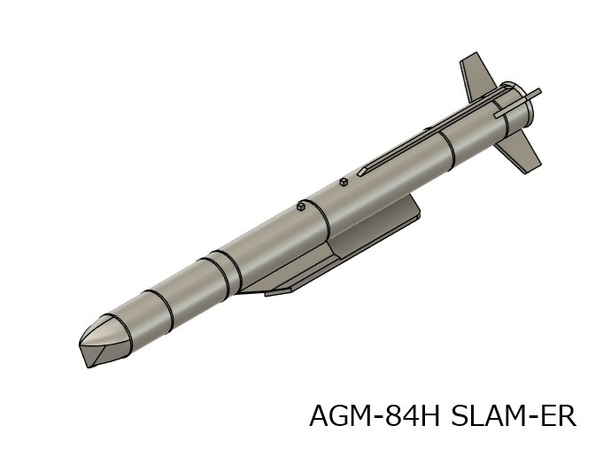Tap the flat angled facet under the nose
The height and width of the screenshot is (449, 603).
tap(104, 357)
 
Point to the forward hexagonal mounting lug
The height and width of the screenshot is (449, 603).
tap(302, 207)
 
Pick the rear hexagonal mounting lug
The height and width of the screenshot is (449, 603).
tap(344, 182)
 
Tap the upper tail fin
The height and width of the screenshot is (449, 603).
tap(478, 75)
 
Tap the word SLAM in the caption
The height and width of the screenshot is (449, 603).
tap(491, 415)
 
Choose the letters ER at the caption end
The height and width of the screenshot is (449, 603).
tap(560, 415)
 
